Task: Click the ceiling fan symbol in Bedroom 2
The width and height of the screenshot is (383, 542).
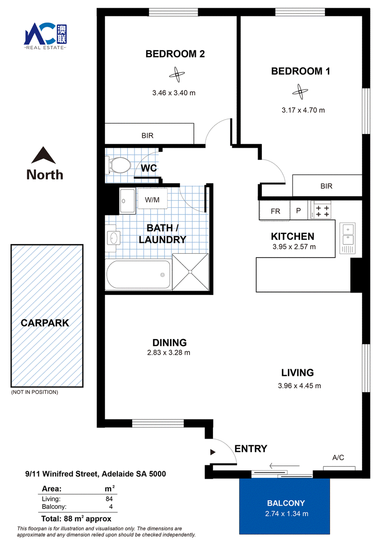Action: [x=177, y=74]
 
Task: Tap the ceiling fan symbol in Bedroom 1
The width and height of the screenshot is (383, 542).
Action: [x=300, y=91]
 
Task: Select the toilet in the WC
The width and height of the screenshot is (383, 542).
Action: [x=117, y=165]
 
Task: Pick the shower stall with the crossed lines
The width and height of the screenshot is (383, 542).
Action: [x=191, y=272]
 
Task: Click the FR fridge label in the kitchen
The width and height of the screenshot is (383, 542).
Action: [x=275, y=211]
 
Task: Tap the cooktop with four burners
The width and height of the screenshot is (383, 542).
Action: [x=321, y=210]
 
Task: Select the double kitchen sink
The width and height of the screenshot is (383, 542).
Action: [x=348, y=238]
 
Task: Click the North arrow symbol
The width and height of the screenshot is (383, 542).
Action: [x=43, y=155]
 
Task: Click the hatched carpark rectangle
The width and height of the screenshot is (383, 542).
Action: [x=47, y=316]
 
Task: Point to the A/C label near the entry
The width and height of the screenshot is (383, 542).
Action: [x=338, y=458]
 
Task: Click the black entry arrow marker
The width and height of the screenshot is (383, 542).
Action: [x=213, y=452]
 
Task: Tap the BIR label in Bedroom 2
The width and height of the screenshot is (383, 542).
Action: [x=147, y=135]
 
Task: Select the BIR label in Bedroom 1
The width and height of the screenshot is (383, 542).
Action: [x=327, y=186]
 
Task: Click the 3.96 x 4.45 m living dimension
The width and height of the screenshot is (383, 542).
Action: [x=299, y=386]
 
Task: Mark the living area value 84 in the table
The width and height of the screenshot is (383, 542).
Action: [x=109, y=499]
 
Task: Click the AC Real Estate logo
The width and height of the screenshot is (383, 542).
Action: [x=45, y=36]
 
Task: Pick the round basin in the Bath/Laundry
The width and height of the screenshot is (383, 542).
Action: [x=113, y=238]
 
